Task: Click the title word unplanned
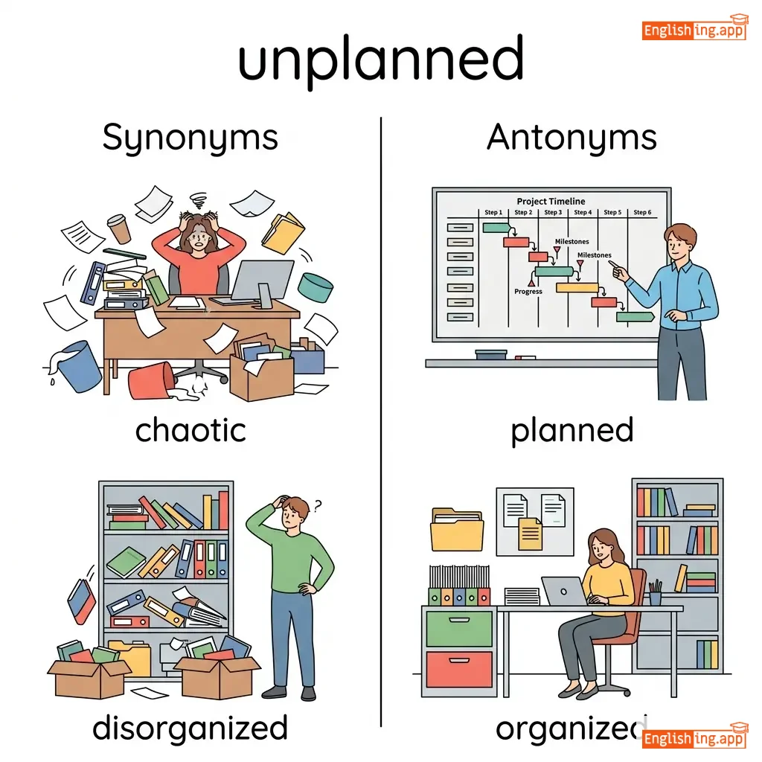pos(380,60)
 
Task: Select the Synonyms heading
pos(190,138)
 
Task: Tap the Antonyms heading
pos(571,138)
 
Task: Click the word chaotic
pos(190,430)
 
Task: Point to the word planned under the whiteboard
pos(571,430)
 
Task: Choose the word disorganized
pos(190,728)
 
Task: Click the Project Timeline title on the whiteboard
pos(551,201)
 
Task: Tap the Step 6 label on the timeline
pos(641,213)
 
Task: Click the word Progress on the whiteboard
pos(528,292)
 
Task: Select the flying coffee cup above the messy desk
pos(118,228)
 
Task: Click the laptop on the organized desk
pos(563,592)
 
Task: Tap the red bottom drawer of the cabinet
pos(458,670)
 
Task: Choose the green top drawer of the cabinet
pos(458,629)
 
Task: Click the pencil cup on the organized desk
pos(655,595)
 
